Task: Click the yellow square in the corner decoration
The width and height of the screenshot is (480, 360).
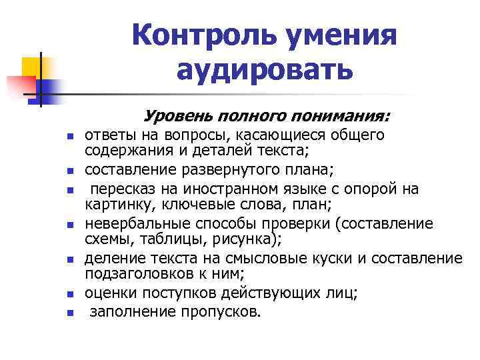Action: [x=31, y=67]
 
